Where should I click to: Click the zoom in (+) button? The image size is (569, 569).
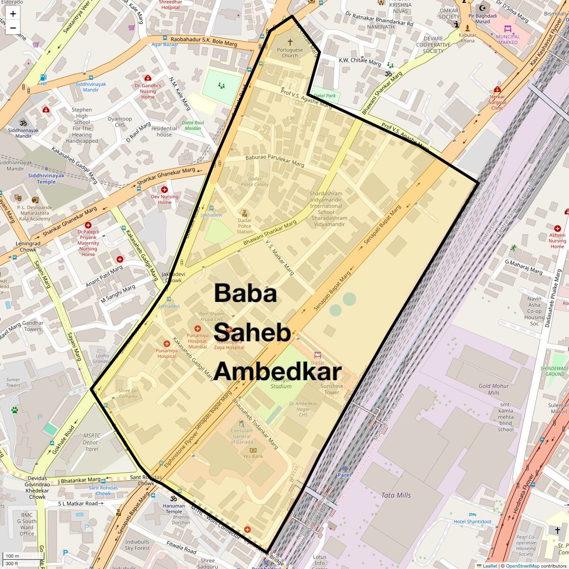[x=13, y=14]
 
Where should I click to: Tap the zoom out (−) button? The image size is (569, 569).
[x=13, y=28]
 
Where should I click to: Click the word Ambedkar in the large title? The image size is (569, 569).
[x=277, y=372]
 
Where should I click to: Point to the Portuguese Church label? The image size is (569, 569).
[x=290, y=52]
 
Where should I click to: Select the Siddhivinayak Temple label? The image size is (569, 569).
[x=46, y=179]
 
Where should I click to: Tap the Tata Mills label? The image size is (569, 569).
[x=396, y=495]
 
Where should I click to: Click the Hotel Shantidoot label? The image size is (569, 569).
[x=472, y=522]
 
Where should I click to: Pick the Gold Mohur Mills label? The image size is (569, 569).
[x=494, y=389]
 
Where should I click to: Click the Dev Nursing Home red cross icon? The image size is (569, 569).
[x=165, y=190]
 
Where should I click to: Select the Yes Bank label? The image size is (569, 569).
[x=253, y=456]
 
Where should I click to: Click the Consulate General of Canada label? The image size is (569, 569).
[x=242, y=436]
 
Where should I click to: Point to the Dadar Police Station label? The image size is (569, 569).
[x=245, y=226]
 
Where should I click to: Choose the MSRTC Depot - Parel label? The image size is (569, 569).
[x=92, y=442]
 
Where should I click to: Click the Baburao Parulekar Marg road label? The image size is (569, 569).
[x=275, y=160]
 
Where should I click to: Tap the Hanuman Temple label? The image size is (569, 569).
[x=174, y=509]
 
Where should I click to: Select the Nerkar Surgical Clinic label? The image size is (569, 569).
[x=497, y=102]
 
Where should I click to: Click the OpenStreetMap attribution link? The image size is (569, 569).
[x=522, y=566]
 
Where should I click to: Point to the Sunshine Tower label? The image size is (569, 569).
[x=331, y=389]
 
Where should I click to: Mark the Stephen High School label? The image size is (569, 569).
[x=82, y=125]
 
